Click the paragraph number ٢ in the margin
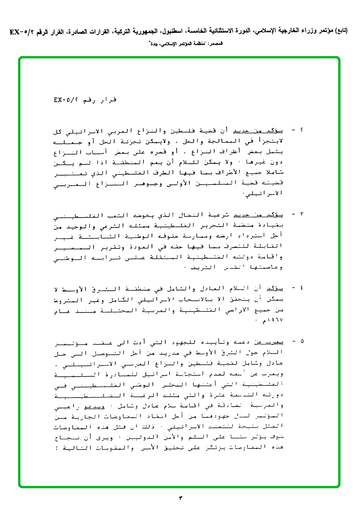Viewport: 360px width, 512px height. tap(301, 130)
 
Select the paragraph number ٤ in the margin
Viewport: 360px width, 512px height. tap(301, 288)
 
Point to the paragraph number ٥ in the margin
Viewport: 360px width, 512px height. tap(301, 341)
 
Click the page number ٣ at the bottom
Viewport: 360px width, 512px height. tap(180, 498)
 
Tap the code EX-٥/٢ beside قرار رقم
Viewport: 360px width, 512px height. tap(66, 100)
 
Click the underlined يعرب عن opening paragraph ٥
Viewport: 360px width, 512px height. tap(273, 341)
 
